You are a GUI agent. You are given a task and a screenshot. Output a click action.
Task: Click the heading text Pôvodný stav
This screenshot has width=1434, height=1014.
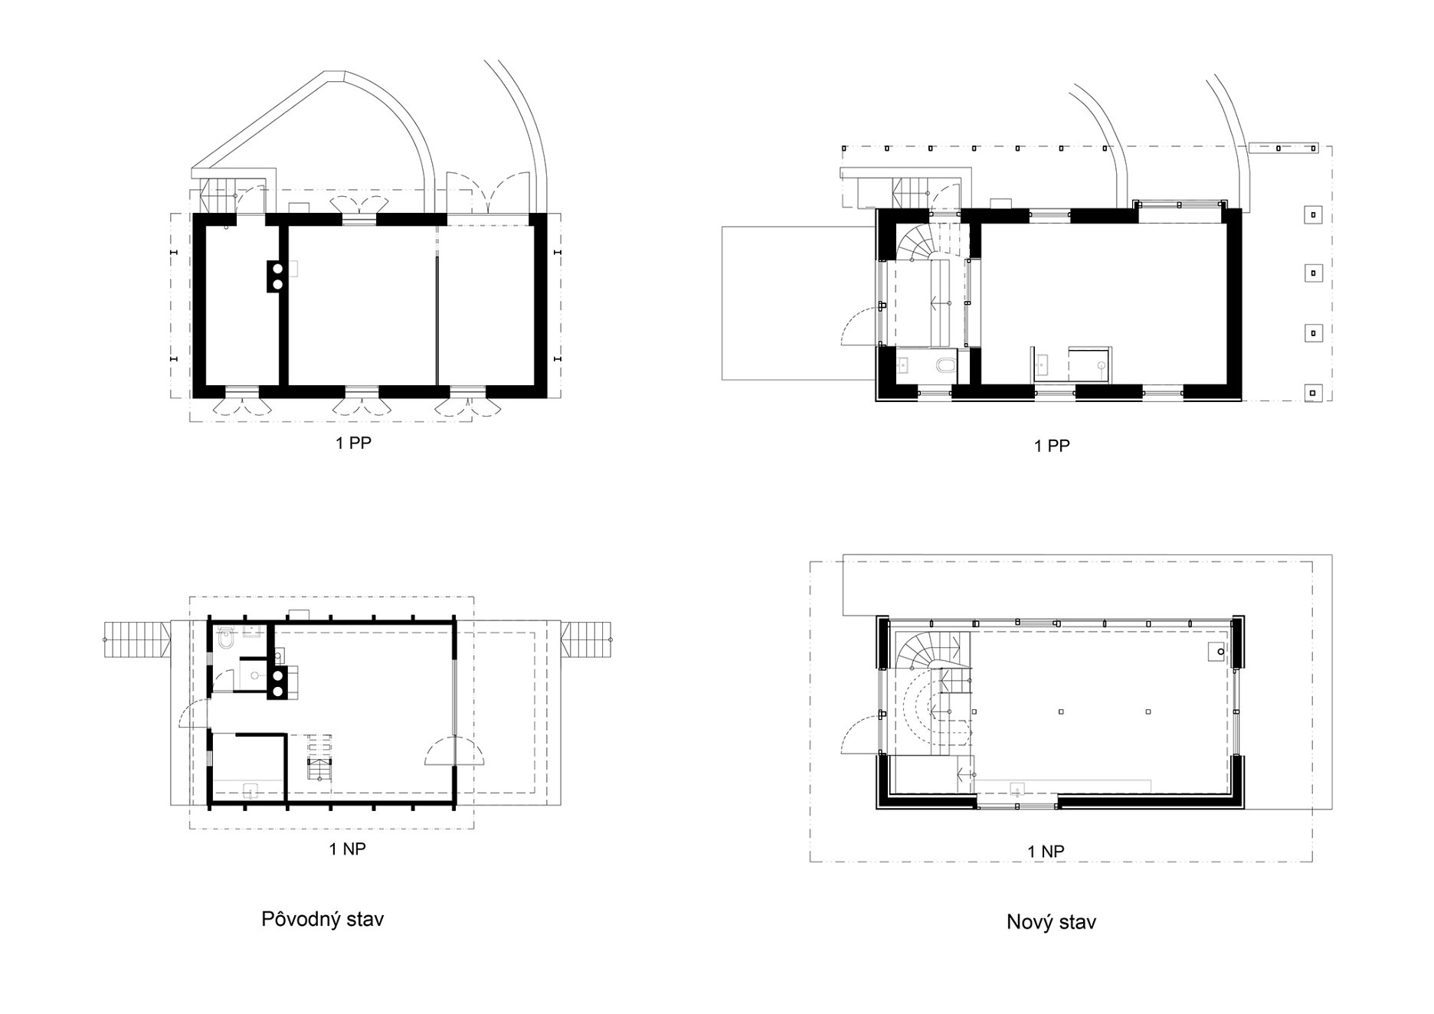click(322, 919)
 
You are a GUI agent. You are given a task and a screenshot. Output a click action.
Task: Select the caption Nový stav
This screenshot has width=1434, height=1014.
click(1051, 922)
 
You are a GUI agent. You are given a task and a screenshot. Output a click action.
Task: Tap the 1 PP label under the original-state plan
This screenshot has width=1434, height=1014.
click(353, 443)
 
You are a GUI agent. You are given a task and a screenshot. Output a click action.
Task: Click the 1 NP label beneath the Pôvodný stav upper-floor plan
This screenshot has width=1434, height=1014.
click(348, 849)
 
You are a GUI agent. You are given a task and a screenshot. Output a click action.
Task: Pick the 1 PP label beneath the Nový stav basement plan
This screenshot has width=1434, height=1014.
click(1052, 446)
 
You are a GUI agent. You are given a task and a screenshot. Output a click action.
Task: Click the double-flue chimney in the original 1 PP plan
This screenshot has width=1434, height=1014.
click(277, 276)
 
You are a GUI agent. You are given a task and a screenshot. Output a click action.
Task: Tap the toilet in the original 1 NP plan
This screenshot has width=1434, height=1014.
click(226, 638)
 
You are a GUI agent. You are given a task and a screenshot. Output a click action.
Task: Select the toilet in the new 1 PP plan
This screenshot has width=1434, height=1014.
click(946, 364)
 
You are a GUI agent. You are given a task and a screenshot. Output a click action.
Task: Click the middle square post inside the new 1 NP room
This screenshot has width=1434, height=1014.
click(1061, 711)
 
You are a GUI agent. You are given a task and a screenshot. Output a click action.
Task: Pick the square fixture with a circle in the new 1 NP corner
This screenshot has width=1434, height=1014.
click(1217, 651)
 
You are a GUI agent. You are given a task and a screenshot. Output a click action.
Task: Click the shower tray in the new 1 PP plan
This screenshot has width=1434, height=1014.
click(1091, 364)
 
